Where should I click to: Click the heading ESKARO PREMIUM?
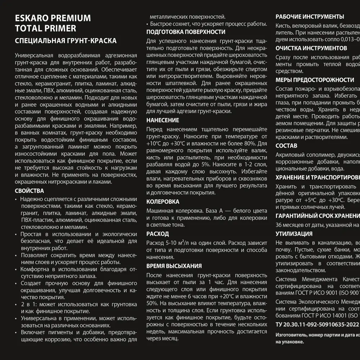[53, 18]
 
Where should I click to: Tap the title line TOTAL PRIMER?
[45, 28]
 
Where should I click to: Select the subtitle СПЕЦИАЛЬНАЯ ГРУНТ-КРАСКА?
[66, 41]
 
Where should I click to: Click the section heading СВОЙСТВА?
[30, 191]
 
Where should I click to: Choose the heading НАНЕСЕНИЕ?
[163, 120]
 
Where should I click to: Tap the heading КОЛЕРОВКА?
[163, 202]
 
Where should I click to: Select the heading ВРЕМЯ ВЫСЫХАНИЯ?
[174, 266]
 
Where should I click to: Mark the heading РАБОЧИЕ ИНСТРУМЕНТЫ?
[310, 17]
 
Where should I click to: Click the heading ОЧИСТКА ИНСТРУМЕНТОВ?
[311, 48]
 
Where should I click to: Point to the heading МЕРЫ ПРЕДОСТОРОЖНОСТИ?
[315, 80]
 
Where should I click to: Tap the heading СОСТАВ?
[287, 146]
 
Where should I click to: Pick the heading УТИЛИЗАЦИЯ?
[294, 234]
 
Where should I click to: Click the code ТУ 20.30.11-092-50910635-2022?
[317, 324]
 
